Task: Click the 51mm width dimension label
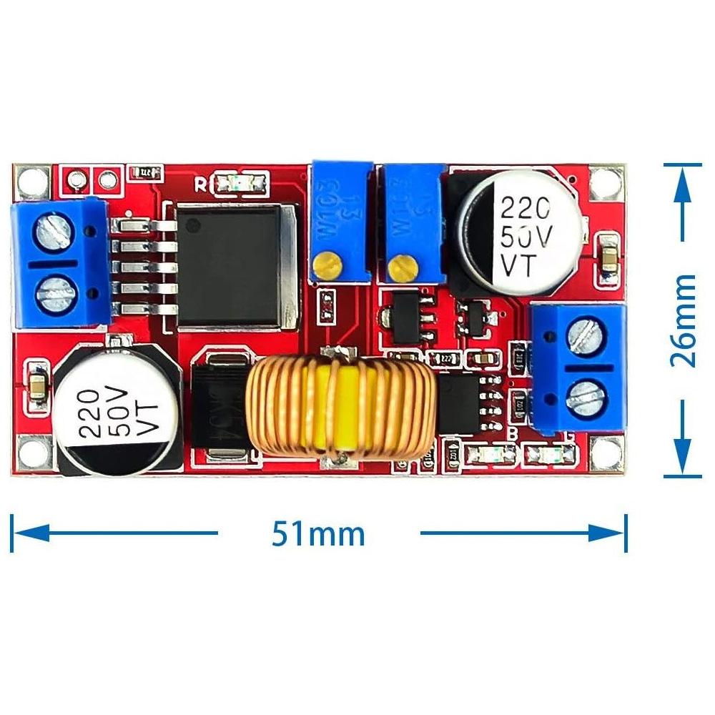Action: click(318, 533)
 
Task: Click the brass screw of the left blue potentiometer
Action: click(328, 267)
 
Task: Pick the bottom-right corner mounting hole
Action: click(607, 450)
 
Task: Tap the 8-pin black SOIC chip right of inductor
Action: click(461, 404)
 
